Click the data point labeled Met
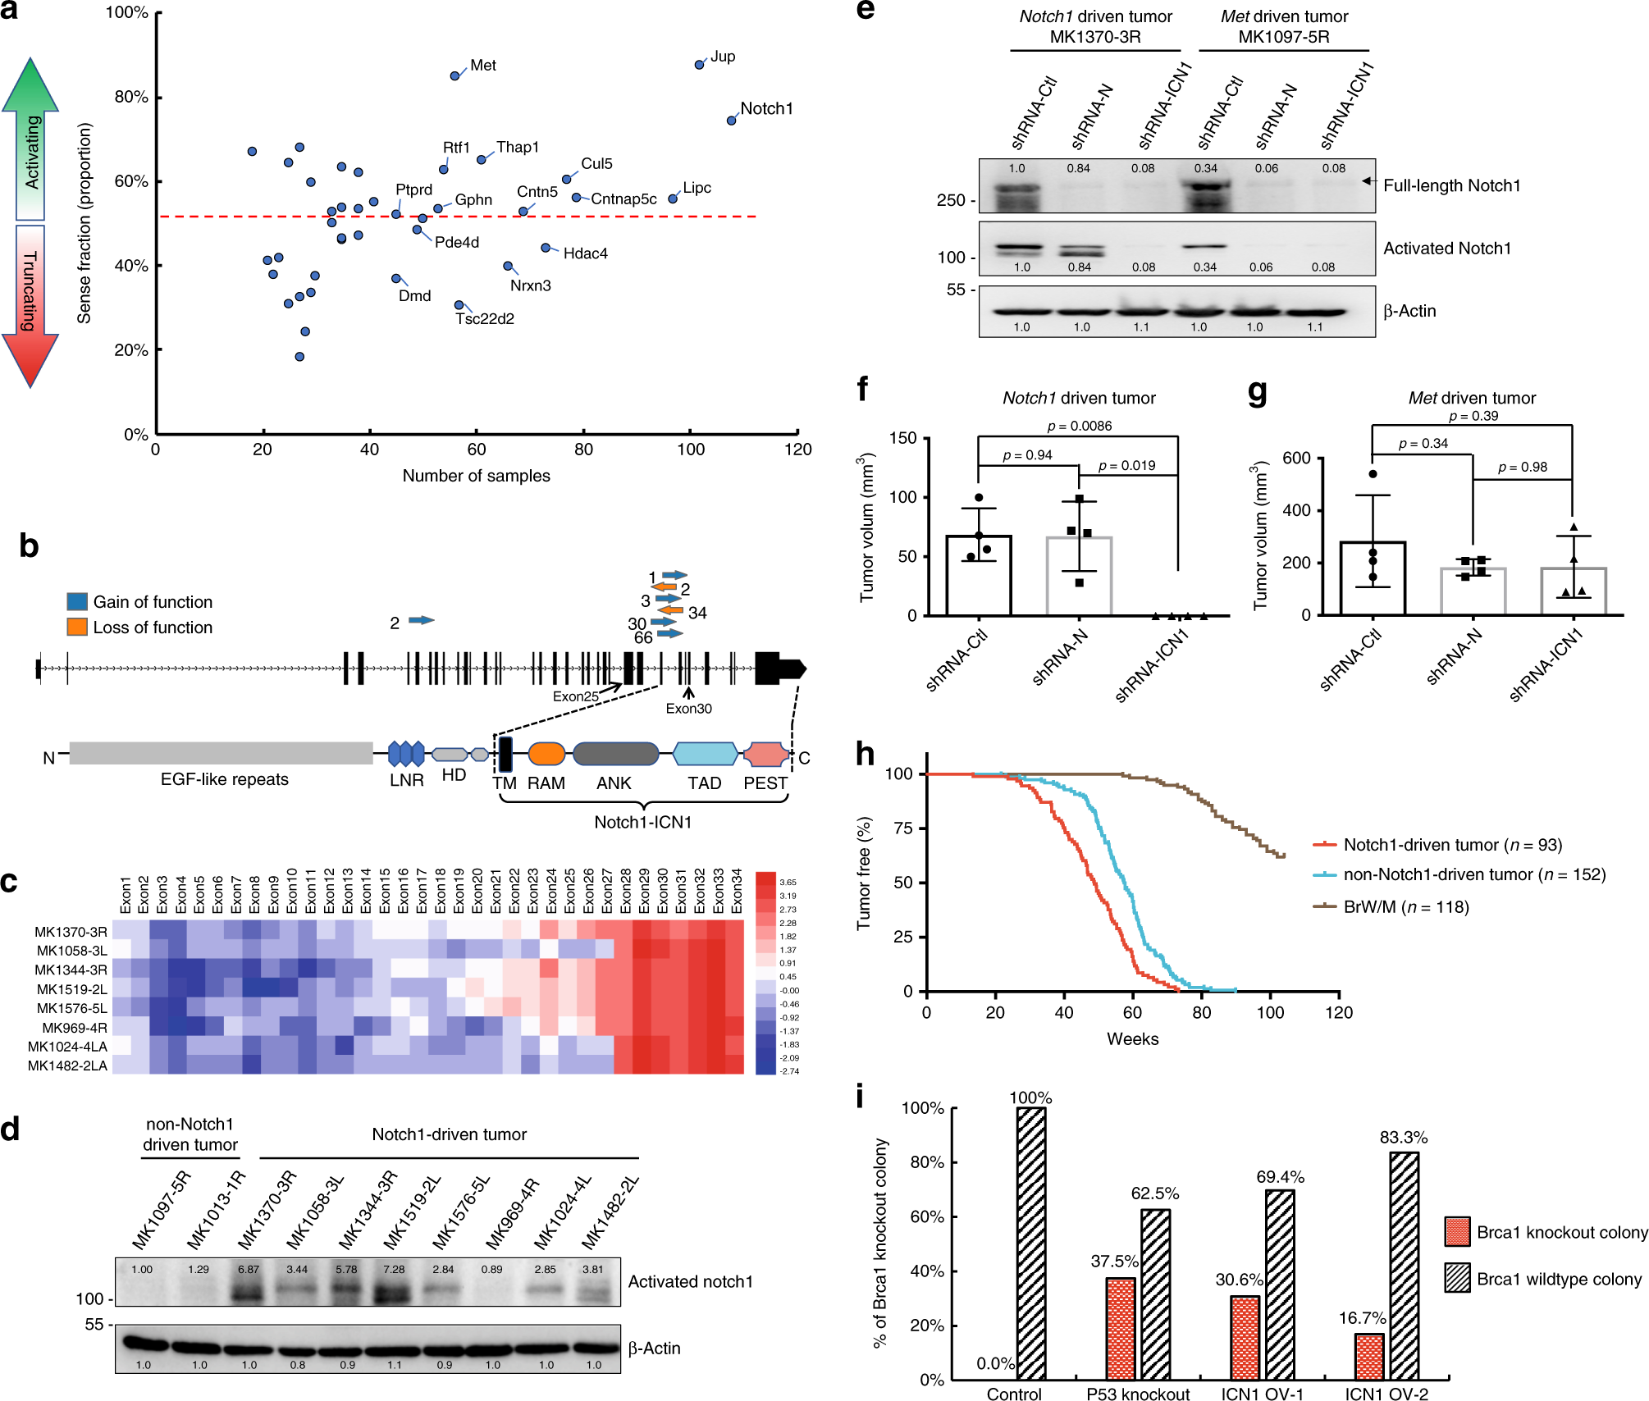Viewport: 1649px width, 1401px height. [x=455, y=75]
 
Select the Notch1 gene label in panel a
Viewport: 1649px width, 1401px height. [x=766, y=108]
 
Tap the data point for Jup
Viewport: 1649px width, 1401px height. [x=700, y=64]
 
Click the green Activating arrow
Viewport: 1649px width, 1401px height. [x=30, y=139]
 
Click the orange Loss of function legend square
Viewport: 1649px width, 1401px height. [x=77, y=627]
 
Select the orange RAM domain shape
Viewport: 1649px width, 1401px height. [x=546, y=754]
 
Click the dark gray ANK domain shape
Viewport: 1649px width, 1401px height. [x=615, y=754]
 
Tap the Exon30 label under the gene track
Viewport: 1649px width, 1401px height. [x=688, y=709]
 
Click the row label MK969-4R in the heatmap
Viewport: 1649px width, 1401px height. [x=75, y=1028]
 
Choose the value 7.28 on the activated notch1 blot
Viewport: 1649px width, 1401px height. [x=394, y=1269]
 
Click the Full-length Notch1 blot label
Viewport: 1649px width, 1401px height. [x=1451, y=185]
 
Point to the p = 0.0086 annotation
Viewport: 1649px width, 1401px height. [x=1080, y=426]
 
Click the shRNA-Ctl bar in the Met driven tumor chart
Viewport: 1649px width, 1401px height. [x=1373, y=578]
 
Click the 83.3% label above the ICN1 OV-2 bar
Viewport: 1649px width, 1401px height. [x=1404, y=1137]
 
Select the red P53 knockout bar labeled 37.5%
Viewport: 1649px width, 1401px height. [x=1121, y=1328]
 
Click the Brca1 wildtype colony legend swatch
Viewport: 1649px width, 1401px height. [x=1458, y=1278]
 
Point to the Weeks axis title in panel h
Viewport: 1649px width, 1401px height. [x=1132, y=1038]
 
